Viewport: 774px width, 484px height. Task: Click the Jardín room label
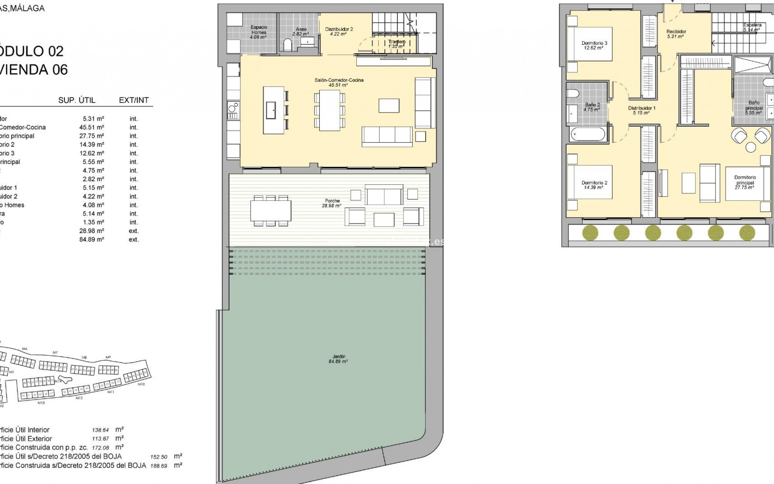(338, 359)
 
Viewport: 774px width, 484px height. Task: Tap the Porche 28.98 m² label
(332, 203)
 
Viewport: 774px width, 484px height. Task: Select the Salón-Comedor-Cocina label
(339, 82)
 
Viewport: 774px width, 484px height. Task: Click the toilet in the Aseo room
(287, 45)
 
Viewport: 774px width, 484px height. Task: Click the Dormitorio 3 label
(594, 45)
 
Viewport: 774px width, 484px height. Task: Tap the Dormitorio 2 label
(594, 185)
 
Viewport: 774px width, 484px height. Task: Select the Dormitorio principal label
(745, 182)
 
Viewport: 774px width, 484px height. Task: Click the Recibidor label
(676, 34)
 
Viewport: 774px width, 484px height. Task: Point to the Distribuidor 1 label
(641, 111)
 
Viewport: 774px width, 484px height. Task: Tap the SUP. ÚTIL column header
(77, 100)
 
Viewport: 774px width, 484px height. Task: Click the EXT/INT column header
(134, 100)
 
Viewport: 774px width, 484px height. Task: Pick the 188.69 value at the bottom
(158, 465)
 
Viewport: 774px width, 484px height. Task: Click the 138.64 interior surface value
(101, 430)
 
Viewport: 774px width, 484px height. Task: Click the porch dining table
(270, 211)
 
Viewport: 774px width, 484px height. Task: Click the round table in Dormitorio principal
(751, 148)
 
